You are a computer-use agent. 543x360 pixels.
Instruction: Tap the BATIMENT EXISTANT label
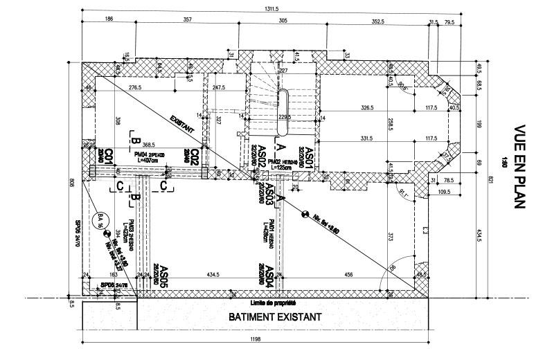coord(275,318)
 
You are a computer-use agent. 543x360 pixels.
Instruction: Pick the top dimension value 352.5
coord(377,21)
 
